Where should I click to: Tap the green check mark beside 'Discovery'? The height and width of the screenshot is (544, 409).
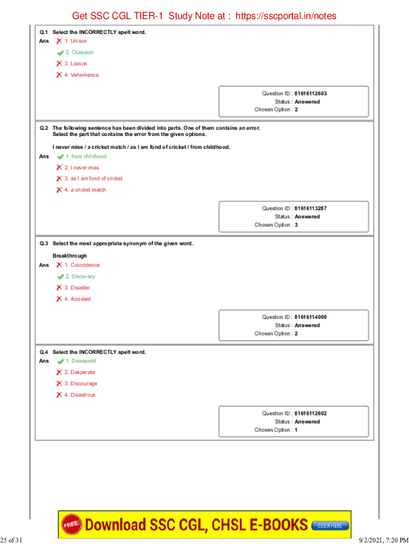61,277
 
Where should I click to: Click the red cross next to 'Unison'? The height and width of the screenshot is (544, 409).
59,41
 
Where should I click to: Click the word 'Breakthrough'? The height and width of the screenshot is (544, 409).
70,256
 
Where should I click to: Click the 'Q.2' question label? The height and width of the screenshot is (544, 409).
44,128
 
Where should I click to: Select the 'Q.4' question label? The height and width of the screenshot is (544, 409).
44,352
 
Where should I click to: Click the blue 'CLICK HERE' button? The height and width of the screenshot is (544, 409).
329,526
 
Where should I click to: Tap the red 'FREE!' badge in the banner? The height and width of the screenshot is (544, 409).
72,524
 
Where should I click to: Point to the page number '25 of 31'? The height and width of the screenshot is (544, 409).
12,540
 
